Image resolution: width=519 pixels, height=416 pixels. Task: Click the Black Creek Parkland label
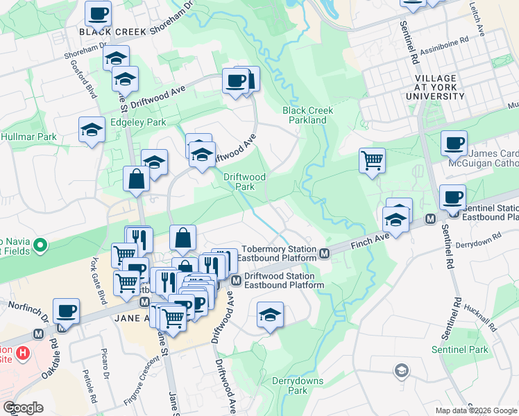pos(307,115)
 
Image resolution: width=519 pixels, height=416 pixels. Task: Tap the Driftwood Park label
pos(244,182)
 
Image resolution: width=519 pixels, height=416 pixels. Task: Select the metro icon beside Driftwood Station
pos(236,280)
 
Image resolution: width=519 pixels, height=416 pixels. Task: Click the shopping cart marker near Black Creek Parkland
pos(373,160)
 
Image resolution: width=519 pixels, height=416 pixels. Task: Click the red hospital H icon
pos(24,354)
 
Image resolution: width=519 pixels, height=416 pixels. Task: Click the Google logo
pos(24,408)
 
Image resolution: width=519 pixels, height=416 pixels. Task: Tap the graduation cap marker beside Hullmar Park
pos(91,130)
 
